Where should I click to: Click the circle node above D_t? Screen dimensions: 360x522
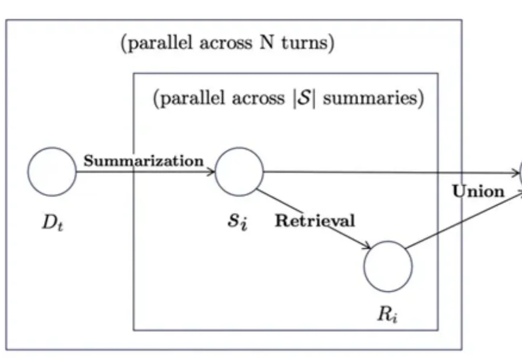tap(52, 172)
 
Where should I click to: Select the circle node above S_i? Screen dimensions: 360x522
tap(239, 172)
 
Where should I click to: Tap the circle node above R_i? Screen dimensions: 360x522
tap(388, 266)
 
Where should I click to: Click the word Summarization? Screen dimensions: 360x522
tap(144, 161)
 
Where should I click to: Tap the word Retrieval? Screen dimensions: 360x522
tap(315, 220)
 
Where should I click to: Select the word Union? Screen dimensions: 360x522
tap(478, 191)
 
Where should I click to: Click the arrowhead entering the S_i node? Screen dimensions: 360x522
tap(211, 172)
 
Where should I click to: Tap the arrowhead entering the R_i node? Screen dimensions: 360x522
tap(366, 246)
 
